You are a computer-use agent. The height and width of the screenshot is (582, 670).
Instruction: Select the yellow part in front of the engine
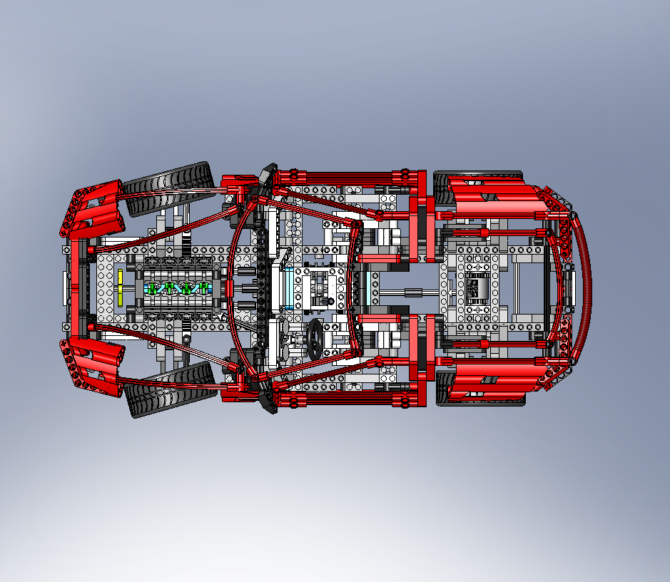coord(121,287)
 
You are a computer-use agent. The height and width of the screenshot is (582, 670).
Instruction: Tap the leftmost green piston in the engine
coord(152,289)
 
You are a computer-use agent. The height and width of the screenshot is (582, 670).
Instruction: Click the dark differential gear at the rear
coord(473,289)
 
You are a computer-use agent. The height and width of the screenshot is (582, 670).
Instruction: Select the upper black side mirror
coord(268,174)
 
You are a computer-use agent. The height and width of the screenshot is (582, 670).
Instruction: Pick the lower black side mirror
coord(268,402)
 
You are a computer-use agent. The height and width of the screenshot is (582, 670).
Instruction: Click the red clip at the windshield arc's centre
coord(229,288)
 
